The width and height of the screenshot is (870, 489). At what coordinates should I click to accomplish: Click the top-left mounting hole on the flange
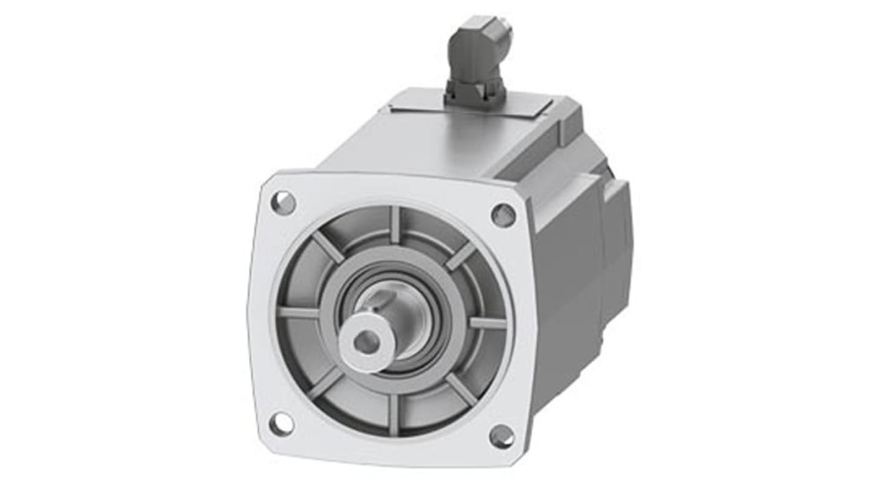(x=283, y=203)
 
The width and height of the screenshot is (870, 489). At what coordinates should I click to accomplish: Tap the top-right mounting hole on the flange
(x=504, y=214)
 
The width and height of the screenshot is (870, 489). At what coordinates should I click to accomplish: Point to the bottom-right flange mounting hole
(x=502, y=436)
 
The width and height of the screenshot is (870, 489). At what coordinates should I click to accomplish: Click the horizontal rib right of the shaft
(x=488, y=322)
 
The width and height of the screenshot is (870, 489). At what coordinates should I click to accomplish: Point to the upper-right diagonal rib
(x=460, y=256)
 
